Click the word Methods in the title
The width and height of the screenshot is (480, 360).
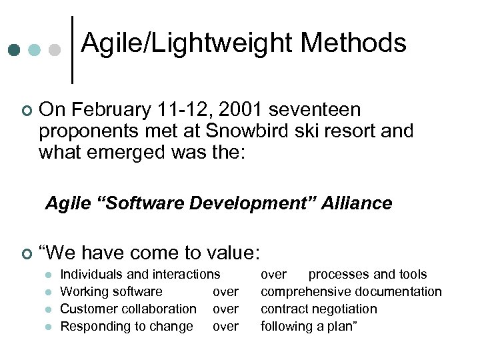353,43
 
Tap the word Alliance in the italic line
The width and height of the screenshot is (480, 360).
357,203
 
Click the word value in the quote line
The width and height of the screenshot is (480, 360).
231,253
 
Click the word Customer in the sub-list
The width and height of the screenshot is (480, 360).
85,309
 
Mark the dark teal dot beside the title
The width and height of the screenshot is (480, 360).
15,51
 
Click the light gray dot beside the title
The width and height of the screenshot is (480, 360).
55,51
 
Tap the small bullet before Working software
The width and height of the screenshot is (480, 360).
48,292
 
